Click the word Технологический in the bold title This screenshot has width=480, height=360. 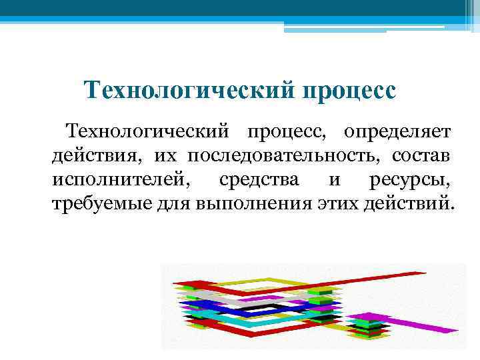point(188,89)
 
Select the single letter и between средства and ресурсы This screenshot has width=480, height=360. point(333,179)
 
